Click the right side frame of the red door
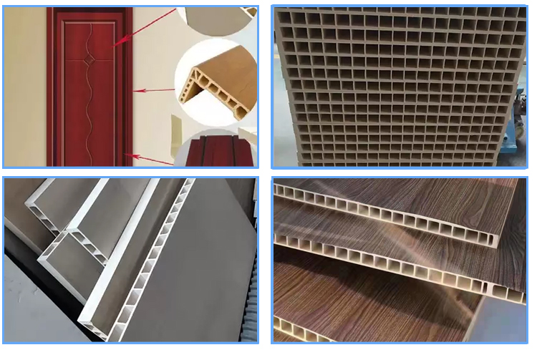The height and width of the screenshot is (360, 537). tap(129, 86)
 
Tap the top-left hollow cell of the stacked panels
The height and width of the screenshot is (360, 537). tap(284, 15)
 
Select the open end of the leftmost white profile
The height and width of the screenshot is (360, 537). tap(29, 208)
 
